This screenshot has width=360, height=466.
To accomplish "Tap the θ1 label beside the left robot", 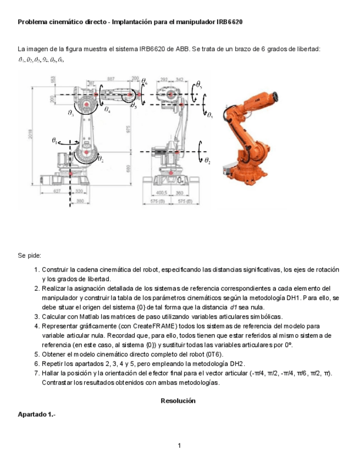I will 54,141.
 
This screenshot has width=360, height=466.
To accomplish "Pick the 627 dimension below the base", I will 57,191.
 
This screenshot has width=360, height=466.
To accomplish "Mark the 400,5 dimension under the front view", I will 161,193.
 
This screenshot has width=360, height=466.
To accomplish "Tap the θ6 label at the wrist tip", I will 144,82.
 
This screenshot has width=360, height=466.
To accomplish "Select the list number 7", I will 36,373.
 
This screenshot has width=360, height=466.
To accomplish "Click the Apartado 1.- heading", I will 33,414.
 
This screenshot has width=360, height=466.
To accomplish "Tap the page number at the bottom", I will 180,445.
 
